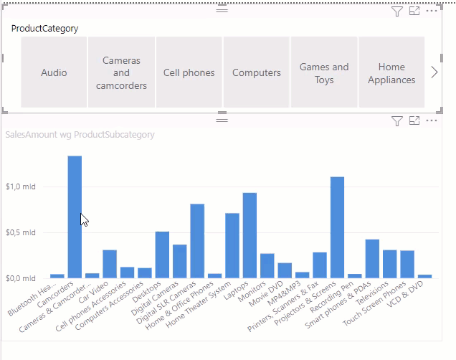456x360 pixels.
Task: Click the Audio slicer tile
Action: coord(54,72)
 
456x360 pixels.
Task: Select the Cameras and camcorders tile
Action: coord(121,72)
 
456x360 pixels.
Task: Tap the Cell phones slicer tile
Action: coord(189,72)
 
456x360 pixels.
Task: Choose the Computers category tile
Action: coord(257,72)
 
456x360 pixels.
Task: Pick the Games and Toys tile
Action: coord(324,72)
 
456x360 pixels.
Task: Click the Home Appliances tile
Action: coord(391,72)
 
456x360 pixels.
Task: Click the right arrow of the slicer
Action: coord(434,72)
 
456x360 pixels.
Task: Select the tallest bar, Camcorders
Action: coord(75,217)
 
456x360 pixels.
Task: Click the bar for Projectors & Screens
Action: coord(338,227)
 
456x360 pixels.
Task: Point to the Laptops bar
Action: coord(250,235)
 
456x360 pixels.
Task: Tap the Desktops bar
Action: coord(162,255)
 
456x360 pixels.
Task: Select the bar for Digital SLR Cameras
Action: coord(197,241)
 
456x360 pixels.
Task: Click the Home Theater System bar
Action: coord(232,246)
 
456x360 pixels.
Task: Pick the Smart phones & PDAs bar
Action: coord(372,259)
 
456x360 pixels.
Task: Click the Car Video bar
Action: coord(110,264)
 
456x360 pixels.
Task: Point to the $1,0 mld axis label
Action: coord(21,186)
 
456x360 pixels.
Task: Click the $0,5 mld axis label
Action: coord(21,232)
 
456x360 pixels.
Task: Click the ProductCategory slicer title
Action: coord(44,29)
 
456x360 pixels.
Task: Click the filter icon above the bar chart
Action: coord(397,121)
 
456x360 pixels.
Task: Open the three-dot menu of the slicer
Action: coord(432,11)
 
